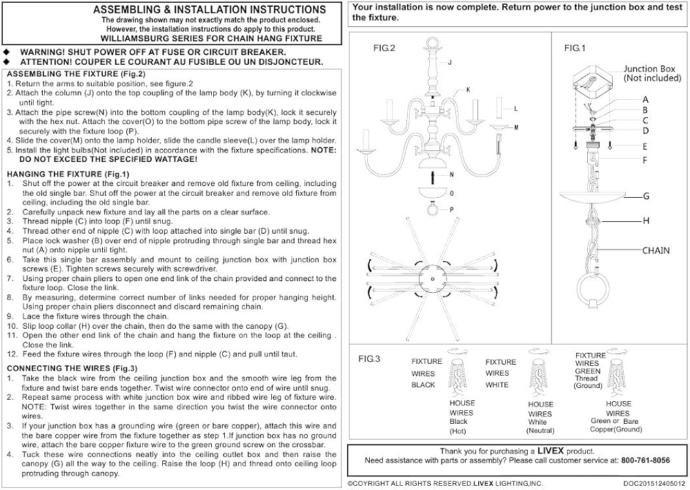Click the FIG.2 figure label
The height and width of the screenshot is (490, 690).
(x=384, y=48)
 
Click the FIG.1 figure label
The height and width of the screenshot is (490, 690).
(x=574, y=48)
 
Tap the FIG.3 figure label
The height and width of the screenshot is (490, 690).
(x=369, y=359)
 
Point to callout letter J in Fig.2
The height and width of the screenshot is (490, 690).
(x=449, y=63)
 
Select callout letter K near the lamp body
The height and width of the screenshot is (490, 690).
(x=468, y=90)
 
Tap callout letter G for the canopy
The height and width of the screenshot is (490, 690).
(x=646, y=196)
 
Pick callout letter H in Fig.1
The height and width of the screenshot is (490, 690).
(x=646, y=221)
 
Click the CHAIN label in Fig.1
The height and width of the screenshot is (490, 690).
(x=655, y=251)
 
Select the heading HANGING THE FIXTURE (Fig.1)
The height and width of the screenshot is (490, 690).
(x=68, y=174)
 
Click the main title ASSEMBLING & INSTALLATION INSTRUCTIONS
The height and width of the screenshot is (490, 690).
(x=209, y=10)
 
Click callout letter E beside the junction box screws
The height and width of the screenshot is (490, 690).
(x=645, y=146)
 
